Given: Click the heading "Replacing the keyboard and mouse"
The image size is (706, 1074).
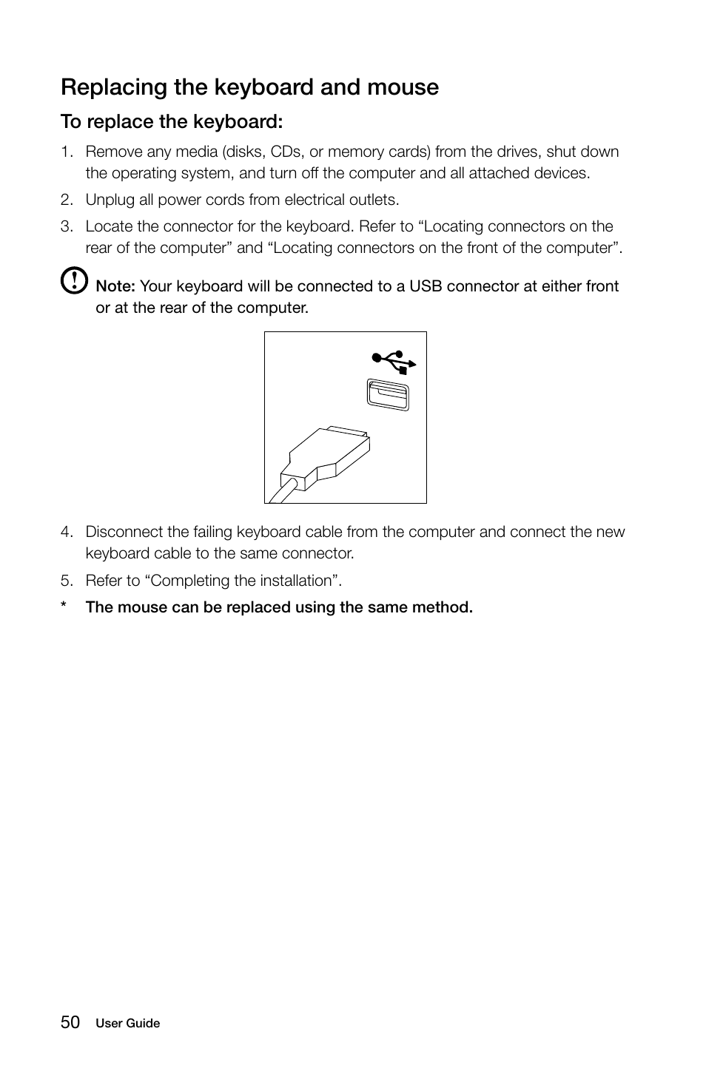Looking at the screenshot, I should click(x=249, y=87).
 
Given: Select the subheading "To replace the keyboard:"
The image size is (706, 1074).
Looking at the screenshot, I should click(x=172, y=121).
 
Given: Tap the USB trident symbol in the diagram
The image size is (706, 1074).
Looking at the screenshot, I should click(x=394, y=360).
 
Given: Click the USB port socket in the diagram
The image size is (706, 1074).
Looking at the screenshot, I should click(x=388, y=395).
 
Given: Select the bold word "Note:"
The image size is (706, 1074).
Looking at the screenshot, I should click(x=115, y=286).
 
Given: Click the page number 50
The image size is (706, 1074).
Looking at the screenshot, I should click(x=70, y=1022).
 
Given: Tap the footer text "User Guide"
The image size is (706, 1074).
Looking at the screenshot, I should click(x=128, y=1024).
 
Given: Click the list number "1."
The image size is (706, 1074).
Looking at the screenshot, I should click(x=67, y=152).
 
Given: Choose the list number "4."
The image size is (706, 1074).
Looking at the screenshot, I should click(x=67, y=532).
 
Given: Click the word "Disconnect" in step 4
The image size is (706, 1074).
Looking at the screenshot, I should click(x=124, y=532).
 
